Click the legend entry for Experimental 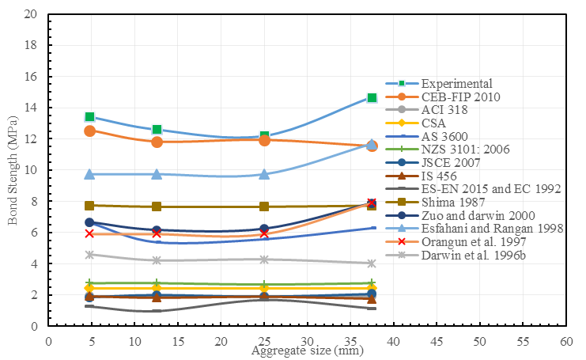pos(457,83)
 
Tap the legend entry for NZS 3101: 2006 pos(463,150)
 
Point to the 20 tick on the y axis pos(31,14)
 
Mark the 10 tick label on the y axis pos(31,170)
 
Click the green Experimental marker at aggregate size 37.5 pos(372,98)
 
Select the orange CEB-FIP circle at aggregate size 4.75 pos(89,131)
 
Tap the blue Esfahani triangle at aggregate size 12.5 pos(157,174)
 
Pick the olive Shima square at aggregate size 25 pos(264,207)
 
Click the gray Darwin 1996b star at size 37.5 pos(372,263)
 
